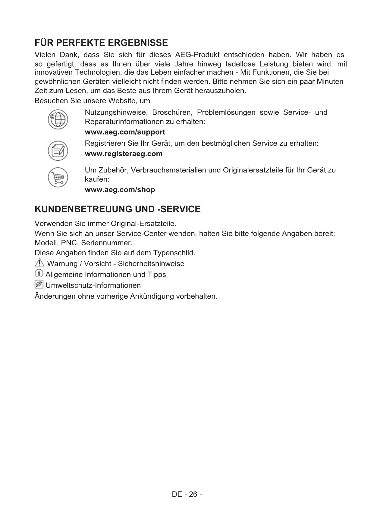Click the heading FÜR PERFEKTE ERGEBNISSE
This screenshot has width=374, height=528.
pyautogui.click(x=101, y=43)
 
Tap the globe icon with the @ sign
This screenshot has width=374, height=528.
pyautogui.click(x=58, y=120)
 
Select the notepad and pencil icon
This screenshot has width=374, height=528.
pyautogui.click(x=58, y=151)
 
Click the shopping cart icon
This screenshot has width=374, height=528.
pyautogui.click(x=58, y=177)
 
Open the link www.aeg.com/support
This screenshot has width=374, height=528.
pyautogui.click(x=125, y=132)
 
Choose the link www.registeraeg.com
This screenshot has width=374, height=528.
pyautogui.click(x=124, y=154)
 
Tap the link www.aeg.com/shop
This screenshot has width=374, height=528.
pyautogui.click(x=120, y=190)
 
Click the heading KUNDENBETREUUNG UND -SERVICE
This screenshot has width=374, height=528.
pyautogui.click(x=118, y=209)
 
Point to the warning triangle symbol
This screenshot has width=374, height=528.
pyautogui.click(x=39, y=263)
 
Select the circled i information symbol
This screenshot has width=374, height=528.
pyautogui.click(x=39, y=274)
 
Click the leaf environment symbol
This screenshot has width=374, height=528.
pyautogui.click(x=39, y=284)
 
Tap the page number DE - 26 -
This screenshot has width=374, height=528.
pyautogui.click(x=187, y=494)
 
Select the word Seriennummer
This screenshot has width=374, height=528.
pyautogui.click(x=107, y=243)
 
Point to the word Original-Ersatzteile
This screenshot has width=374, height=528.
pyautogui.click(x=143, y=224)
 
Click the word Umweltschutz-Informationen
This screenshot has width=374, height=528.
pyautogui.click(x=93, y=285)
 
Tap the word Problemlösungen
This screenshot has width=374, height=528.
pyautogui.click(x=226, y=113)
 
